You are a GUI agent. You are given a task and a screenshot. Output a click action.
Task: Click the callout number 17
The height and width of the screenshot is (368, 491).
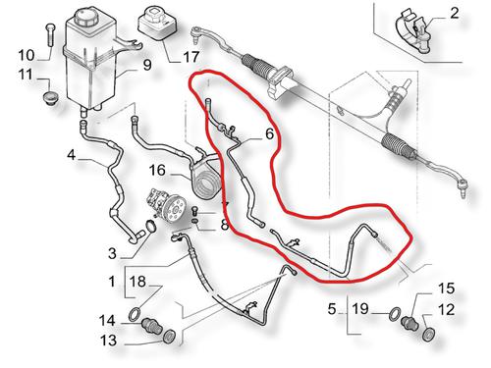191,57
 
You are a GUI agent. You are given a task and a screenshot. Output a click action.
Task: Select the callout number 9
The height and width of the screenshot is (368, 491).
147,65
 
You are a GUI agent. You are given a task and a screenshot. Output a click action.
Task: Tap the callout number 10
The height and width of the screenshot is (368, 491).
27,55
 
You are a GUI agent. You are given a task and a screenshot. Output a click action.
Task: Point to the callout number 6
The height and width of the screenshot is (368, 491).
269,133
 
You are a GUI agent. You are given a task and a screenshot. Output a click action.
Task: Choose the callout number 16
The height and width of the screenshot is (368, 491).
157,170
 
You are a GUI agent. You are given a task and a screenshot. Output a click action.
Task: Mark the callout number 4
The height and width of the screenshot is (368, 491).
71,154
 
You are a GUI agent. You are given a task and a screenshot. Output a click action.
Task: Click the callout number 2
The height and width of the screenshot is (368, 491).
455,14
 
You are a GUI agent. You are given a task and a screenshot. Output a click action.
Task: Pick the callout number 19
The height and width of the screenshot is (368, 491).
360,308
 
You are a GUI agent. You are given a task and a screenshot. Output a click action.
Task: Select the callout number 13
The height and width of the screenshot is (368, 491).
108,341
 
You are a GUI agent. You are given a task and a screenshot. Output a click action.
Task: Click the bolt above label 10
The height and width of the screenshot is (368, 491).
50,35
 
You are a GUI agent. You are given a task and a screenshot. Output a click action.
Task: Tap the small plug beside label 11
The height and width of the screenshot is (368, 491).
50,98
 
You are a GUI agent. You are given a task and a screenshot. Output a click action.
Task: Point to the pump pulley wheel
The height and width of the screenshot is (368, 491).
176,209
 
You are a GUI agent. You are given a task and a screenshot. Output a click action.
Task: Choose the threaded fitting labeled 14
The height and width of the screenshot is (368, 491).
151,325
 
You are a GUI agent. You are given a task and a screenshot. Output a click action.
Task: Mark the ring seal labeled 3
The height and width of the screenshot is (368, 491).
150,226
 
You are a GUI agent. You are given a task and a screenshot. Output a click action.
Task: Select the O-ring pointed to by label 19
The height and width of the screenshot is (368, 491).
395,314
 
